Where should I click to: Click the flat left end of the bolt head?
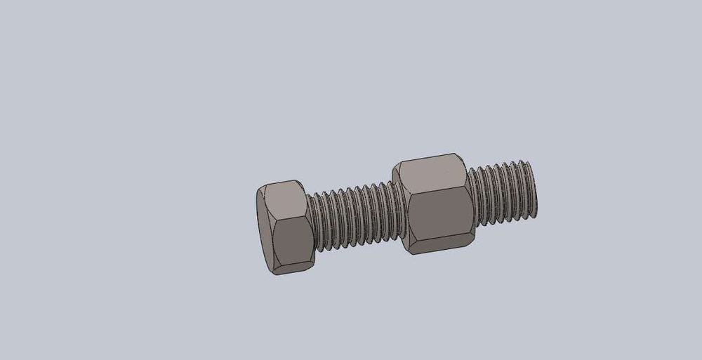(264, 229)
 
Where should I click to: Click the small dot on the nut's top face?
(447, 170)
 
